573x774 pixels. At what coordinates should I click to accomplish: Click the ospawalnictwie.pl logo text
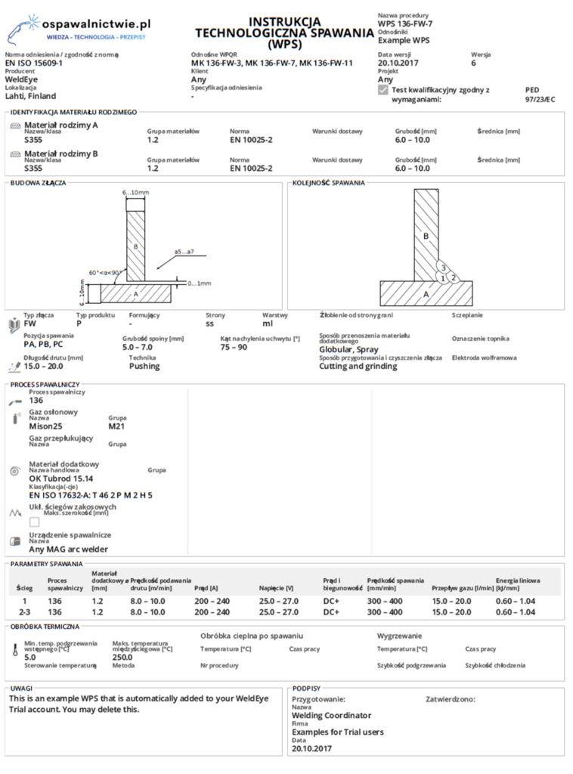[97, 24]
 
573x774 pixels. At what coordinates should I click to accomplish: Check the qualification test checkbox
[383, 90]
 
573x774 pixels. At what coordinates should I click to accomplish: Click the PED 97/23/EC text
[539, 94]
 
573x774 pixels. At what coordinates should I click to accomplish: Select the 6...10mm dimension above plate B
[136, 193]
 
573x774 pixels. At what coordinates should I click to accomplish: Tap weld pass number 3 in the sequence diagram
[444, 268]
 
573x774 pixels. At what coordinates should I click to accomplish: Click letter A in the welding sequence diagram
[426, 293]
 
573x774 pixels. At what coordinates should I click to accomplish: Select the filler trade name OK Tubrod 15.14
[60, 478]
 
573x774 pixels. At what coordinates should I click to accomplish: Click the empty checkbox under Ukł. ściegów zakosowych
[34, 522]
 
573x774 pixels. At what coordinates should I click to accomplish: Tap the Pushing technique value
[144, 366]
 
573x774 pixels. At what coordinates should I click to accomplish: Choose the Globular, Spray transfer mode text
[348, 350]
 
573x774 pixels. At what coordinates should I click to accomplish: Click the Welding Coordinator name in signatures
[331, 715]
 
